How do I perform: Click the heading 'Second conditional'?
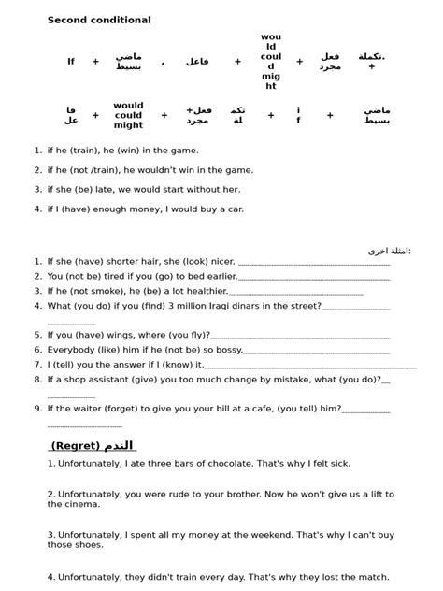pos(99,20)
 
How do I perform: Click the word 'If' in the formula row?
pos(71,62)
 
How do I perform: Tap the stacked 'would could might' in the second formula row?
pos(128,115)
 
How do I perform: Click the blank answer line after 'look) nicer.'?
pos(314,264)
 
